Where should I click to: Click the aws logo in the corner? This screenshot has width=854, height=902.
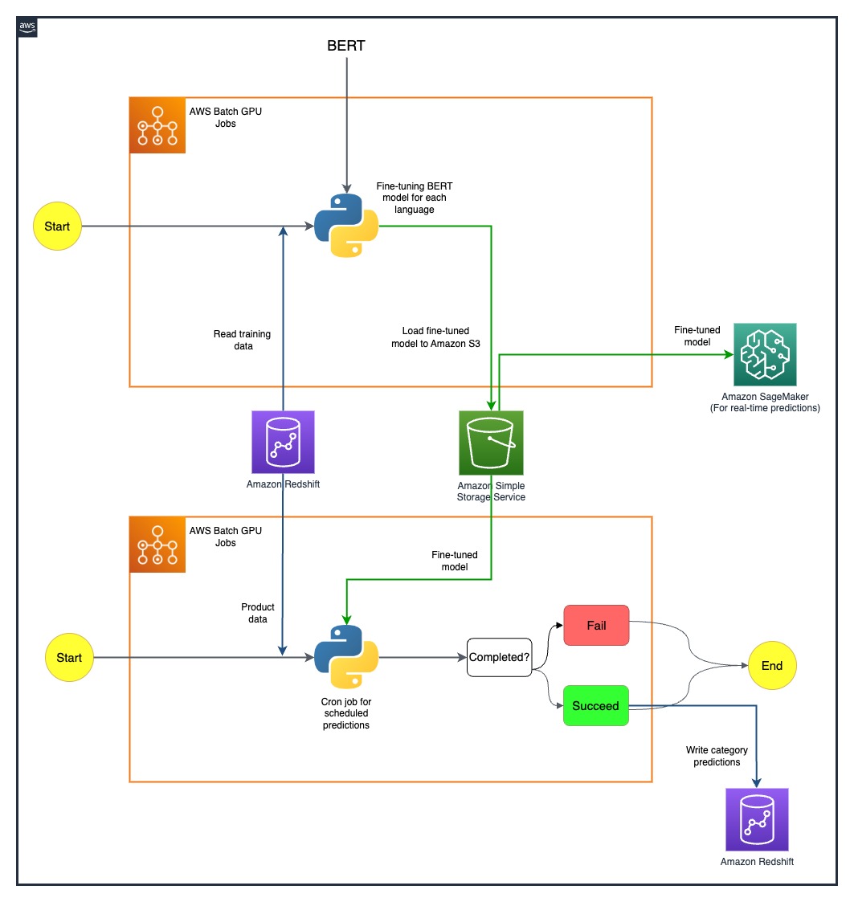27,27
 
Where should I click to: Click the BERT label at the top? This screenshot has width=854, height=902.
346,46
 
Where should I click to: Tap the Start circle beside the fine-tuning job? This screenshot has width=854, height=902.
57,226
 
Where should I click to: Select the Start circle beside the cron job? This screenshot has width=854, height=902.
69,658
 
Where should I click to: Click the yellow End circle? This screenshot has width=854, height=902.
772,666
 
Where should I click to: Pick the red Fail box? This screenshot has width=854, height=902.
596,626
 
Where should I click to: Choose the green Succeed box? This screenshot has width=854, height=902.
595,706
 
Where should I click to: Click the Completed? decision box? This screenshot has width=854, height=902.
499,657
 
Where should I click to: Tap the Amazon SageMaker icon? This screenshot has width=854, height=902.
765,354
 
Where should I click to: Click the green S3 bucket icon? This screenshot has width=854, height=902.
491,443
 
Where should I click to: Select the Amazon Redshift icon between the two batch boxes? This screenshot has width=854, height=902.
283,442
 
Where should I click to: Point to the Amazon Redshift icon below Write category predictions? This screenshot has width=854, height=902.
757,819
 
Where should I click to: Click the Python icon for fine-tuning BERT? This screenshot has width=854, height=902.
346,226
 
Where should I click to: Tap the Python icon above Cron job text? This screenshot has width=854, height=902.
346,657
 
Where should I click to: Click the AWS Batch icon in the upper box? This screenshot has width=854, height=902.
157,125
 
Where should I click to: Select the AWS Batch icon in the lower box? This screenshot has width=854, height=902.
157,545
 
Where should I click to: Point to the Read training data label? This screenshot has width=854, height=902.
243,340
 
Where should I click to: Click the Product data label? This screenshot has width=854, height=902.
258,613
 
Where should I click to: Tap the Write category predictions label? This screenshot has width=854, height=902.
717,756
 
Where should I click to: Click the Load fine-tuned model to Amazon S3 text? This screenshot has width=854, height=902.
435,337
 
